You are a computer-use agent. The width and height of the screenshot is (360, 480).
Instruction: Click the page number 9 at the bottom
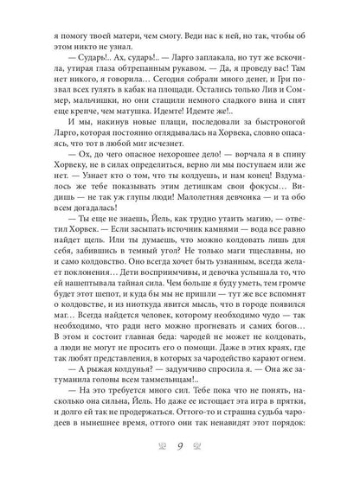180,446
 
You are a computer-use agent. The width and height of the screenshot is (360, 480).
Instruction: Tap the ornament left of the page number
159,446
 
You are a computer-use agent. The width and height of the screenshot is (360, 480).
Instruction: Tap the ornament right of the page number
202,446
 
